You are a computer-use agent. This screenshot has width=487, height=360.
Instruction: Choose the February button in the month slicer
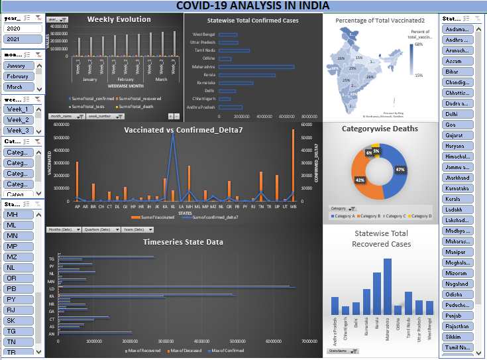[18, 76]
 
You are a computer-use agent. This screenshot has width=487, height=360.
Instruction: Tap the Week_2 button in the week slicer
[18, 120]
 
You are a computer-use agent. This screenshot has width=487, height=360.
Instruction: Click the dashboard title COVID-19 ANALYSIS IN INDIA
[243, 6]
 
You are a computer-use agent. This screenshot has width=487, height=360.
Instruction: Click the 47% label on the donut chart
[400, 170]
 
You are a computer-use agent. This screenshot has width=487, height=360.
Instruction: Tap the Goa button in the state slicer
[457, 125]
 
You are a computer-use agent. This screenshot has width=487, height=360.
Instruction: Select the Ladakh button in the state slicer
[457, 210]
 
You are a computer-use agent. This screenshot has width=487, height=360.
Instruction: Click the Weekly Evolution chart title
[114, 19]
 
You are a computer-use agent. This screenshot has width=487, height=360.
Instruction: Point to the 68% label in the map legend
[419, 44]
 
